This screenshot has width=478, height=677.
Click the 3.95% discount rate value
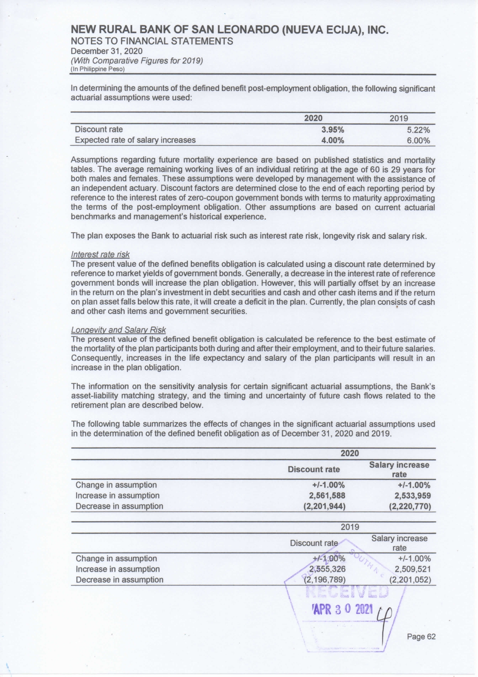333,130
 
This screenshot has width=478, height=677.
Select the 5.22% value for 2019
418,130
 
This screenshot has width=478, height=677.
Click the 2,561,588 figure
327,496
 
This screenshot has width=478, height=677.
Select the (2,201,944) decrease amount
324,506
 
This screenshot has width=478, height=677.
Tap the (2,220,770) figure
410,506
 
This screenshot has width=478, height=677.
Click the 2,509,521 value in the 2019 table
413,569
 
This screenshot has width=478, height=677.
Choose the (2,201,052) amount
410,579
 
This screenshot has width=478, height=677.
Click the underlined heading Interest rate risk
100,255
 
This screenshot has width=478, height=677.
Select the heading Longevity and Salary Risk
118,330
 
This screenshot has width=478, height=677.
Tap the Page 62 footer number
421,637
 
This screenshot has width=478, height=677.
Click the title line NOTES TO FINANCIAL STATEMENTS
152,41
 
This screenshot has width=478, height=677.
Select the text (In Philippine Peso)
98,69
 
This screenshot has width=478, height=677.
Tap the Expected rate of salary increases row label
135,140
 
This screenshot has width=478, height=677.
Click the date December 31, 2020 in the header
106,51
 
